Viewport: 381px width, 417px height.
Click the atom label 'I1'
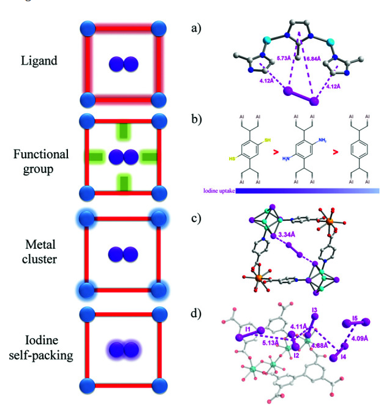click(x=247, y=330)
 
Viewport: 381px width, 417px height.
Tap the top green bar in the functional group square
click(x=124, y=131)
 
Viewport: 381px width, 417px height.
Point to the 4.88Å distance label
click(x=319, y=345)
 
